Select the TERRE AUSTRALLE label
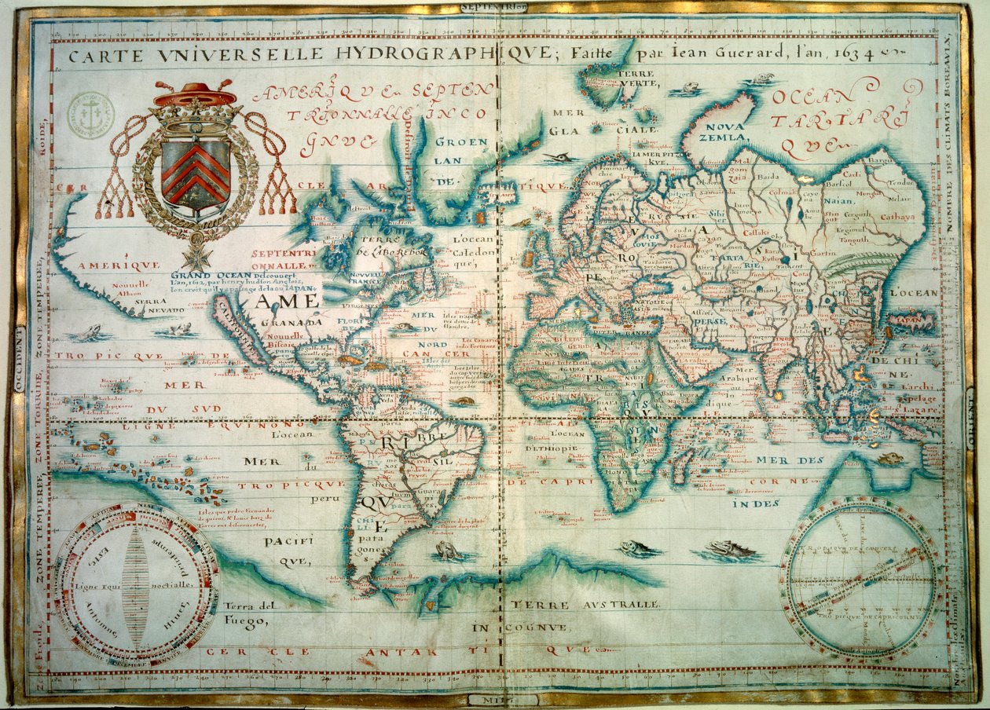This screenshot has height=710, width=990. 582,604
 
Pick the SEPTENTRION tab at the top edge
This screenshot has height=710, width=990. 494,7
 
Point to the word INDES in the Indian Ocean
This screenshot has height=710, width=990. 755,503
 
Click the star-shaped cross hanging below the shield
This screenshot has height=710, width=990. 195,255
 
